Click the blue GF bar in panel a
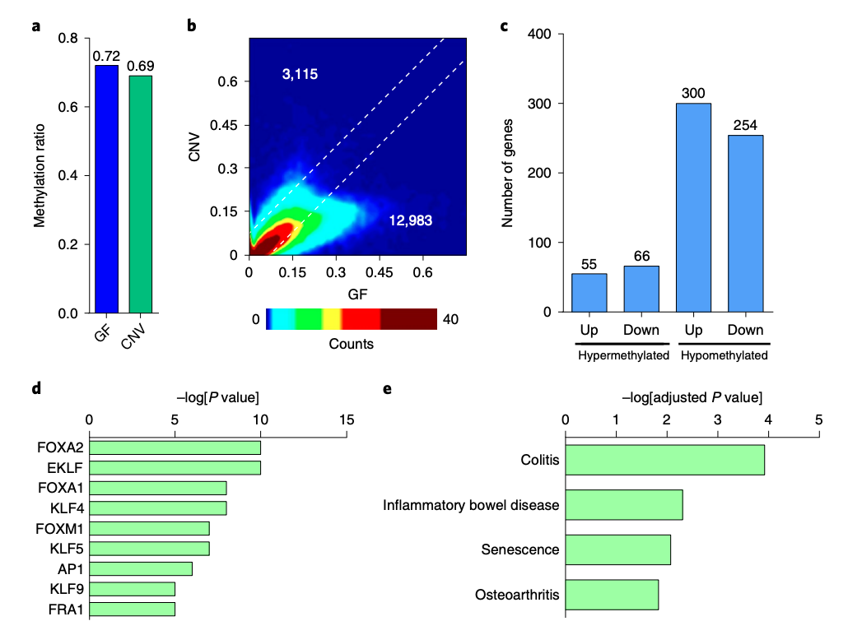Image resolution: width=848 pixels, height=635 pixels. [x=106, y=189]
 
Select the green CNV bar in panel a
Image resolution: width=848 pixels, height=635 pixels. [x=140, y=194]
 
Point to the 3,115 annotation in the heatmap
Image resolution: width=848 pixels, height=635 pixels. [x=300, y=75]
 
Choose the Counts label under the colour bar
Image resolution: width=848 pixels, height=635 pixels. [x=352, y=344]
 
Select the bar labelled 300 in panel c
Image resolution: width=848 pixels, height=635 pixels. [x=693, y=207]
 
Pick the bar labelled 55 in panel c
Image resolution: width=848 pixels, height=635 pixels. [x=589, y=293]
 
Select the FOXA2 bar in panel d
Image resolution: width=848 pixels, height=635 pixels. [x=175, y=447]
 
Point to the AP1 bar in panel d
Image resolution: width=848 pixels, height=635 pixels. [x=141, y=568]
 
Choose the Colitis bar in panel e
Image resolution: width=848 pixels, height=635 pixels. [x=665, y=460]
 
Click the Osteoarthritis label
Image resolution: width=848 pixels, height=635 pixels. [x=517, y=595]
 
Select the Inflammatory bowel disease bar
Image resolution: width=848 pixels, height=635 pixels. [x=624, y=504]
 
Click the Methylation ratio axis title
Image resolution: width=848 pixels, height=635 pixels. [x=39, y=174]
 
